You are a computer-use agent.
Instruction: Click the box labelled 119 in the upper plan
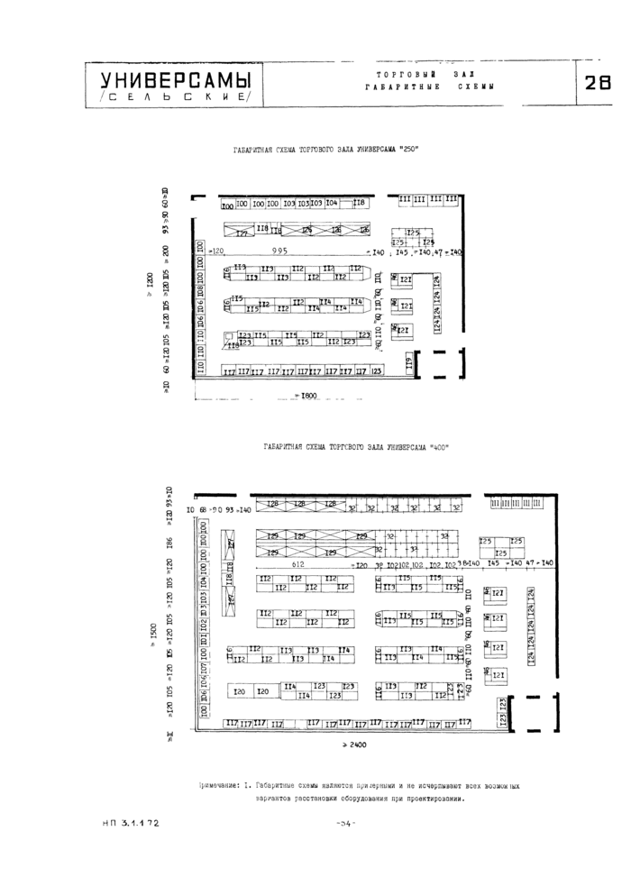408,363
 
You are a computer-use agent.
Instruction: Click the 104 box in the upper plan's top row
332,203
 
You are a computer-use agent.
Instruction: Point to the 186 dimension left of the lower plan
169,545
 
